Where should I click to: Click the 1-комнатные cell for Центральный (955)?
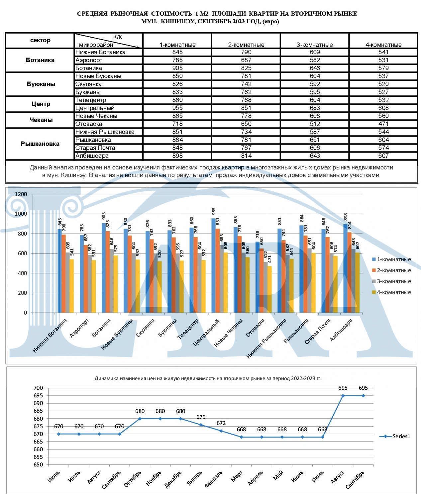(177, 108)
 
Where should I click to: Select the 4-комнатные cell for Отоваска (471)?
(383, 124)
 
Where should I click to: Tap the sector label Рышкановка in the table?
(40, 144)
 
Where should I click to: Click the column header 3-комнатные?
(314, 45)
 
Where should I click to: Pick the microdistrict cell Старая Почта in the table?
(95, 148)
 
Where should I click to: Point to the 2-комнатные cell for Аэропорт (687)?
(246, 60)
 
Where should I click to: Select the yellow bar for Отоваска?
(269, 289)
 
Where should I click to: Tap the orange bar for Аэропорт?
(86, 279)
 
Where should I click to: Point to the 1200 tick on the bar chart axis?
(21, 194)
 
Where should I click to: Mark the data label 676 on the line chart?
(201, 417)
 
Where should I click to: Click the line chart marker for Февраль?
(221, 431)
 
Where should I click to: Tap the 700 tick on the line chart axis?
(38, 388)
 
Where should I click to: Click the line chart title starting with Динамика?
(208, 378)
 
